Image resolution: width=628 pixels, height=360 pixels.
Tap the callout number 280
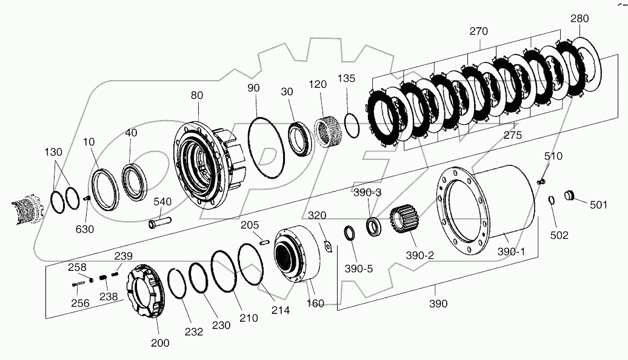tap(579, 18)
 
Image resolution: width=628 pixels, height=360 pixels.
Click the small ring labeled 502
tap(553, 201)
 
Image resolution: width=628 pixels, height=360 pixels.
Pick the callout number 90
tap(253, 88)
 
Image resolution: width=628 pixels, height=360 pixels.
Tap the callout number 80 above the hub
tap(197, 95)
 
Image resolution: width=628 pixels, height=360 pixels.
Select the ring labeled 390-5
tap(350, 233)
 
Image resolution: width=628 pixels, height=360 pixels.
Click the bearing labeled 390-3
tap(374, 226)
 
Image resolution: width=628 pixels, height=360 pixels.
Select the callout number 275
tap(512, 136)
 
